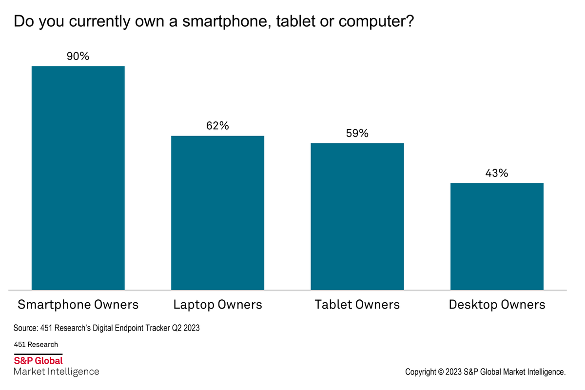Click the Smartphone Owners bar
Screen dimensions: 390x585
[78, 178]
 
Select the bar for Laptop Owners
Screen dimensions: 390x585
[217, 213]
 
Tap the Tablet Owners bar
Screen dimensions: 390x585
[357, 216]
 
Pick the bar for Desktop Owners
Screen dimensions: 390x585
[497, 236]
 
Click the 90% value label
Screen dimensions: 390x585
[78, 57]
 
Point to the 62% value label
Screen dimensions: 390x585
[217, 126]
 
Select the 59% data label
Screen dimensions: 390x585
[357, 133]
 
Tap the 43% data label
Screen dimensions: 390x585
[497, 173]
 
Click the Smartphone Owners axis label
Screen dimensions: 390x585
[78, 305]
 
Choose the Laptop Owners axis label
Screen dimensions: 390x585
[217, 305]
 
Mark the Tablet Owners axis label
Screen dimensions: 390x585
[357, 305]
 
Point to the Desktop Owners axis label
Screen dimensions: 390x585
[497, 305]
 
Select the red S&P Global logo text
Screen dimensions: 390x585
[38, 361]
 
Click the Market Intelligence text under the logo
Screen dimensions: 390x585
[56, 372]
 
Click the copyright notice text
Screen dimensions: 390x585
[485, 372]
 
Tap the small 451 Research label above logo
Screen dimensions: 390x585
[36, 344]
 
